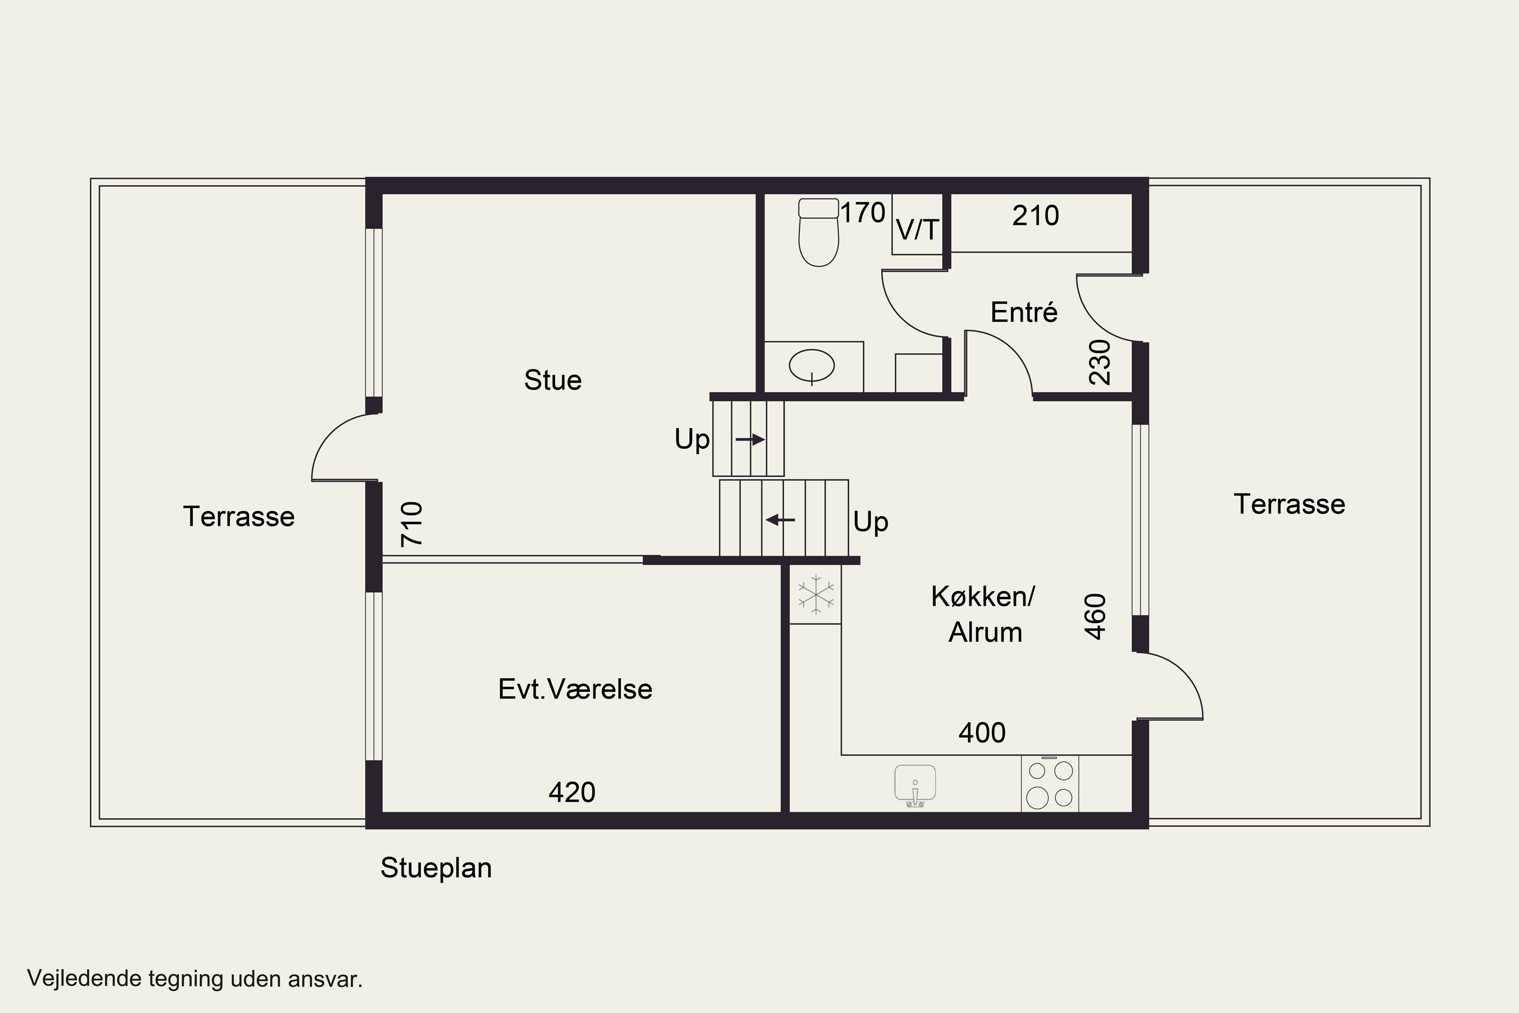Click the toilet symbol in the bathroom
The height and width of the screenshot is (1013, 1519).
818,232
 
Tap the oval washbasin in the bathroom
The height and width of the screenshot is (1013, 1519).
812,366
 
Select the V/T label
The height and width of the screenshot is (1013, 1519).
917,230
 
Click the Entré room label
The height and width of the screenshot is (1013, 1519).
1024,313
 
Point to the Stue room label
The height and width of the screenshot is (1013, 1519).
553,380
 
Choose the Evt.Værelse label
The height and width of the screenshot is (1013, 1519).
575,689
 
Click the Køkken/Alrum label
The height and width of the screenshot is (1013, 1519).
983,614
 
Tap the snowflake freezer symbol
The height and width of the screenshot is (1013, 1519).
816,594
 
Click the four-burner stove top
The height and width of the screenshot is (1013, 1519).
1050,784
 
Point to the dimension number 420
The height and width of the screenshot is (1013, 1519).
572,793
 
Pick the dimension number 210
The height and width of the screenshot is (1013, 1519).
1036,216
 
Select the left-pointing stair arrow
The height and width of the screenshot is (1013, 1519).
780,520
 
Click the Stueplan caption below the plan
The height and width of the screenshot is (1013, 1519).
436,868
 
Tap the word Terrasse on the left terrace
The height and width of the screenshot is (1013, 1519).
239,517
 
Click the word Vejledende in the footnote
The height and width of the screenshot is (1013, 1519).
84,978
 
